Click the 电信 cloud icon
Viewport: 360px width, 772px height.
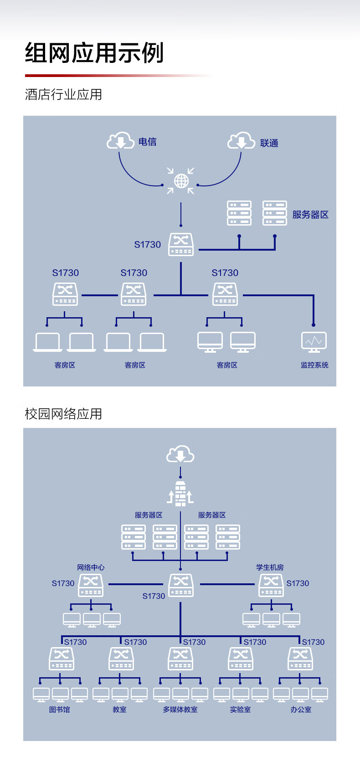pos(120,140)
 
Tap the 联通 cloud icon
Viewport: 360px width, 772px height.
pos(241,140)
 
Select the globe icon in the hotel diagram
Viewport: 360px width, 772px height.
pos(181,181)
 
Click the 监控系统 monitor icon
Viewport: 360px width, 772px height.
pos(314,342)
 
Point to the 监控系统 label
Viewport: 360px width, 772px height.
pos(314,365)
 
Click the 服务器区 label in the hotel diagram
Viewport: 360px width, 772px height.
pos(310,215)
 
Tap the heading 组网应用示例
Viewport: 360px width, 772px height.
pos(94,53)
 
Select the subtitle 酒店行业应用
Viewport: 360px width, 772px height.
pos(63,94)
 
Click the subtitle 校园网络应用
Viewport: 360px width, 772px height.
pos(63,414)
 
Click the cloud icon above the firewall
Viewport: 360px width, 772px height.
pos(180,454)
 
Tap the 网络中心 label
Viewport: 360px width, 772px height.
pos(91,567)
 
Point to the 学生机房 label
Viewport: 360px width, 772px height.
pos(270,567)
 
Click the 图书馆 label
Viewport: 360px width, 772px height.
pos(60,710)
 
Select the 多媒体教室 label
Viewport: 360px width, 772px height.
pos(180,710)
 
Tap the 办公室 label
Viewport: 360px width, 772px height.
pos(301,710)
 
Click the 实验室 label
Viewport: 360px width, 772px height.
pos(241,710)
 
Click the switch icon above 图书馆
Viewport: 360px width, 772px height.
pos(62,659)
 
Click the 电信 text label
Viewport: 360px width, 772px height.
pos(148,142)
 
